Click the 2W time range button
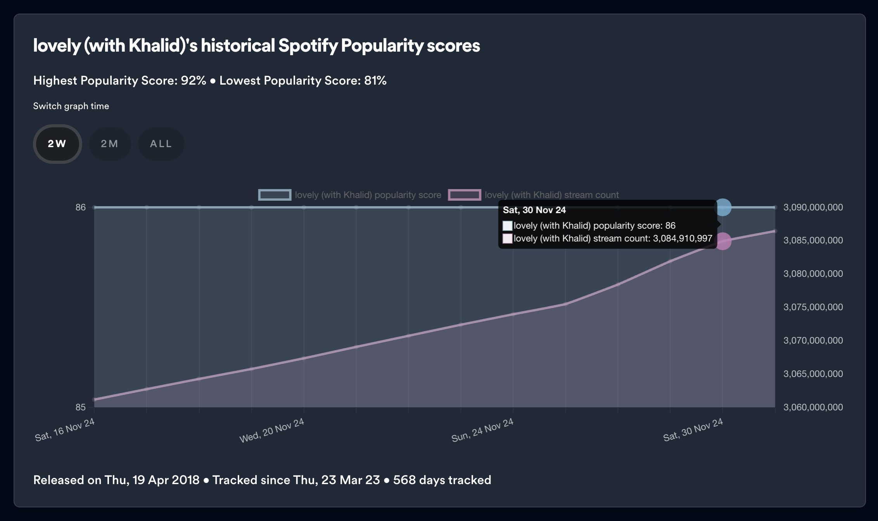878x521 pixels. point(57,144)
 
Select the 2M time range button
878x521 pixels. point(110,144)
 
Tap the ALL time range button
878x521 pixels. point(161,144)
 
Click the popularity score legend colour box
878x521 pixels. point(275,195)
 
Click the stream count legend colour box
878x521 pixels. point(464,195)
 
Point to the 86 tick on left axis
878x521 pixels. point(81,207)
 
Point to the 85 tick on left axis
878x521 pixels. point(81,407)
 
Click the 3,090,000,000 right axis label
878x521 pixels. point(813,207)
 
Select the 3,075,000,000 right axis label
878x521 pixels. point(813,307)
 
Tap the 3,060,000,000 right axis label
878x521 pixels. point(813,407)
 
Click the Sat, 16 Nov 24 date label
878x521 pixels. point(65,430)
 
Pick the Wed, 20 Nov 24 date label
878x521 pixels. point(271,430)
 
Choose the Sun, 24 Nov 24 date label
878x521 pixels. point(482,430)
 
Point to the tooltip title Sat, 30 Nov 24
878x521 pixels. point(534,210)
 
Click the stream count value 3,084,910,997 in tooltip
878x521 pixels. point(683,238)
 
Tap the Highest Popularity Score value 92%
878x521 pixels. point(193,81)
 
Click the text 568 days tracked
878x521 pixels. point(442,480)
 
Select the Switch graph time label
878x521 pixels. point(71,106)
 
